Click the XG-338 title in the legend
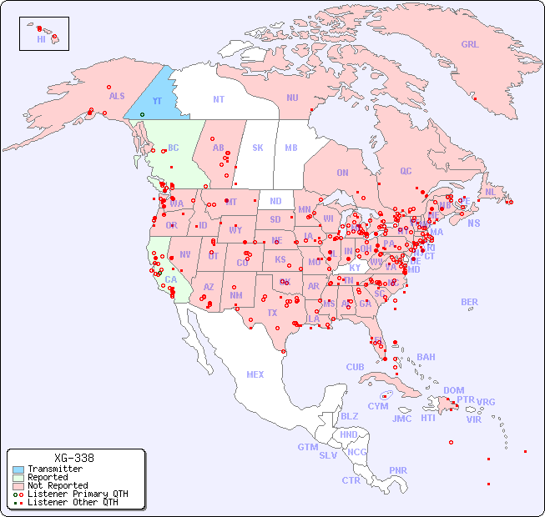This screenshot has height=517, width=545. tap(74, 458)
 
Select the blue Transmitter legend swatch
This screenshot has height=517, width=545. tap(18, 469)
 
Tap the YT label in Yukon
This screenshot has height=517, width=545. tap(157, 101)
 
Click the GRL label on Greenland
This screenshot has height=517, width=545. tap(470, 44)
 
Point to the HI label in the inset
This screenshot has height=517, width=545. tap(41, 38)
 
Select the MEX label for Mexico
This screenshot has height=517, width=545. tap(255, 374)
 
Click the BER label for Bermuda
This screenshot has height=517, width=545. tap(470, 302)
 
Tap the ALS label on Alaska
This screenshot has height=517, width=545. tap(117, 96)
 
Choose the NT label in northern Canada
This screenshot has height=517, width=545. tap(219, 98)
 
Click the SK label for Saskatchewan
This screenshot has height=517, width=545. tap(258, 148)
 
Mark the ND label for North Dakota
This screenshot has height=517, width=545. tap(275, 201)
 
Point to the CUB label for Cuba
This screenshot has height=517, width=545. tap(355, 367)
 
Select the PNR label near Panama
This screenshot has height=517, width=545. tap(398, 470)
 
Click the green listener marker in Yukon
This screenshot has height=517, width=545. tap(142, 114)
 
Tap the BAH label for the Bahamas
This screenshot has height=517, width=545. tap(426, 357)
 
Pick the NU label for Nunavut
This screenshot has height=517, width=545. tap(292, 98)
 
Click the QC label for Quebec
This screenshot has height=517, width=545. tap(406, 171)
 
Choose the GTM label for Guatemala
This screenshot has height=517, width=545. tap(307, 447)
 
